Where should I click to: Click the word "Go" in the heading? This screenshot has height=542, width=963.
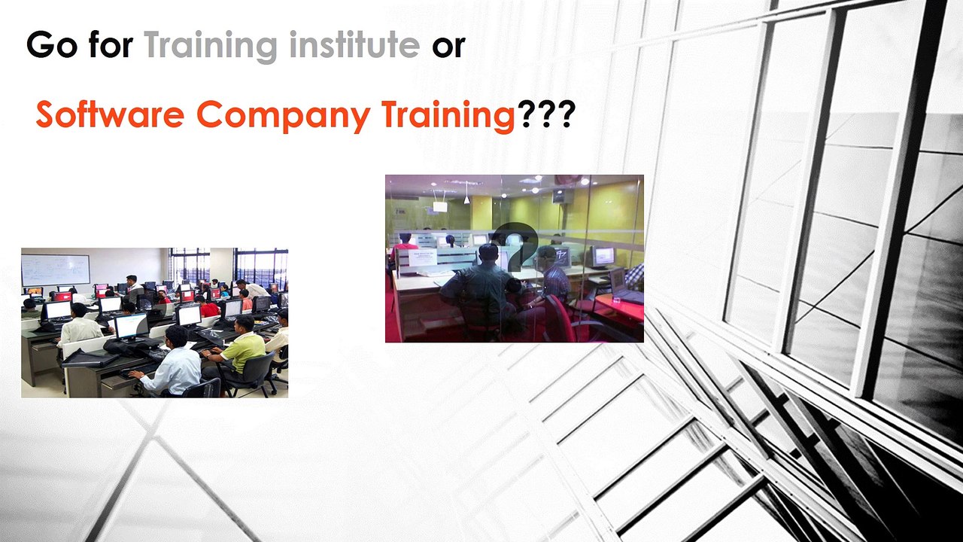coord(51,47)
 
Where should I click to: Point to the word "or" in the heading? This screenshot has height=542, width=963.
coord(448,47)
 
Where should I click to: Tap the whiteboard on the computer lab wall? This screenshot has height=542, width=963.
coord(55,269)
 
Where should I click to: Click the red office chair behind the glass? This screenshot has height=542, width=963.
coord(560,316)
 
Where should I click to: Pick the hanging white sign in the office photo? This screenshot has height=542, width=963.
coord(439,206)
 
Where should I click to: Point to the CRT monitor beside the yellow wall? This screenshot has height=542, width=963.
coord(603,257)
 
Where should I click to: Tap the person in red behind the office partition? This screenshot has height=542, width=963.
coord(405,245)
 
